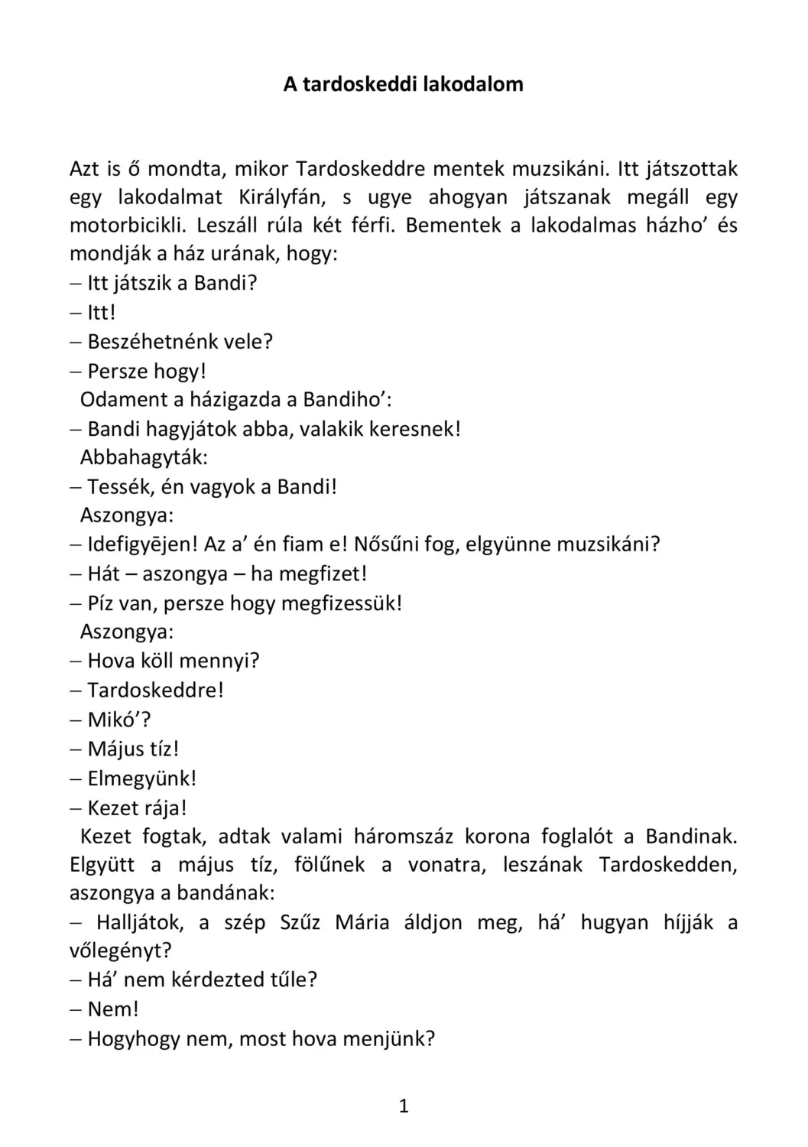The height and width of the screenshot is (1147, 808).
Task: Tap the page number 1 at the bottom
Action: pyautogui.click(x=404, y=1106)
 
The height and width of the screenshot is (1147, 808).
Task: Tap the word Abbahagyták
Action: pyautogui.click(x=144, y=457)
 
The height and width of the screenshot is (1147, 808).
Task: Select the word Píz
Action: pyautogui.click(x=102, y=603)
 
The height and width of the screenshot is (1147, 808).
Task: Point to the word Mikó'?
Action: pyautogui.click(x=118, y=720)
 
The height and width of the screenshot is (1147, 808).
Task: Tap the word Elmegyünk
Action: pyautogui.click(x=141, y=778)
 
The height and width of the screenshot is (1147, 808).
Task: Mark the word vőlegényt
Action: pyautogui.click(x=120, y=950)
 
